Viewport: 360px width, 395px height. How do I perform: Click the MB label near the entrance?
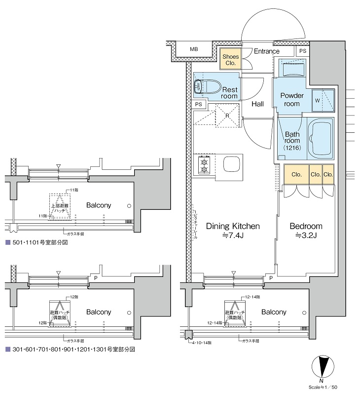click(x=194, y=50)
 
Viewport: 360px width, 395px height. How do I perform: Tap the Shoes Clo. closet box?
click(x=230, y=60)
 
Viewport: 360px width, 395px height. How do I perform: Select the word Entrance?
click(x=266, y=51)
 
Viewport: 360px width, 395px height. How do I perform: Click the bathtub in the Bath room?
click(x=321, y=138)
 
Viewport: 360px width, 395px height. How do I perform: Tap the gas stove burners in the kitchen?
click(x=203, y=165)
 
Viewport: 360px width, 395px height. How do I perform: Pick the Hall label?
click(x=257, y=104)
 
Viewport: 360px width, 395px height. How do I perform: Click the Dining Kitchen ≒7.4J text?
click(x=232, y=231)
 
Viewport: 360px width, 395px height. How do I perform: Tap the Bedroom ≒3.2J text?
click(x=305, y=231)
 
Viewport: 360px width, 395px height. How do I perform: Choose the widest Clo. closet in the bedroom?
click(x=296, y=174)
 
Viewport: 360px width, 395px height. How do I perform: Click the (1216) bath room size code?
click(x=291, y=148)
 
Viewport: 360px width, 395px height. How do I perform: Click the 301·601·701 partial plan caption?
click(x=69, y=349)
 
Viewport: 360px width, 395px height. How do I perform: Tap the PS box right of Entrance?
click(x=303, y=51)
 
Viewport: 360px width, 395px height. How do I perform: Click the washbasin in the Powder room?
click(x=293, y=69)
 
